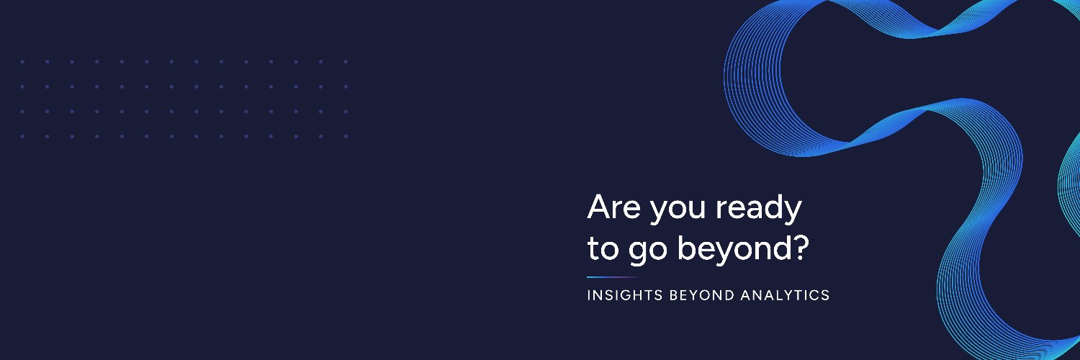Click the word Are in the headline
[613, 207]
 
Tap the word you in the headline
[678, 211]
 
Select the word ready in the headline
[758, 209]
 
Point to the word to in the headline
[603, 248]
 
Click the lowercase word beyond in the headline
[734, 250]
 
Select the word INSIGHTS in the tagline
[625, 295]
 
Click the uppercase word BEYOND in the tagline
[701, 295]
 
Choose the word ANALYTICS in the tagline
[785, 295]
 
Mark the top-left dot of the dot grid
[22, 62]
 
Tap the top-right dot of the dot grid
[346, 62]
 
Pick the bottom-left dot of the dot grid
[22, 136]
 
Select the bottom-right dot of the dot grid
[346, 136]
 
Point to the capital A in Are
[599, 207]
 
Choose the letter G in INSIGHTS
[625, 295]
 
